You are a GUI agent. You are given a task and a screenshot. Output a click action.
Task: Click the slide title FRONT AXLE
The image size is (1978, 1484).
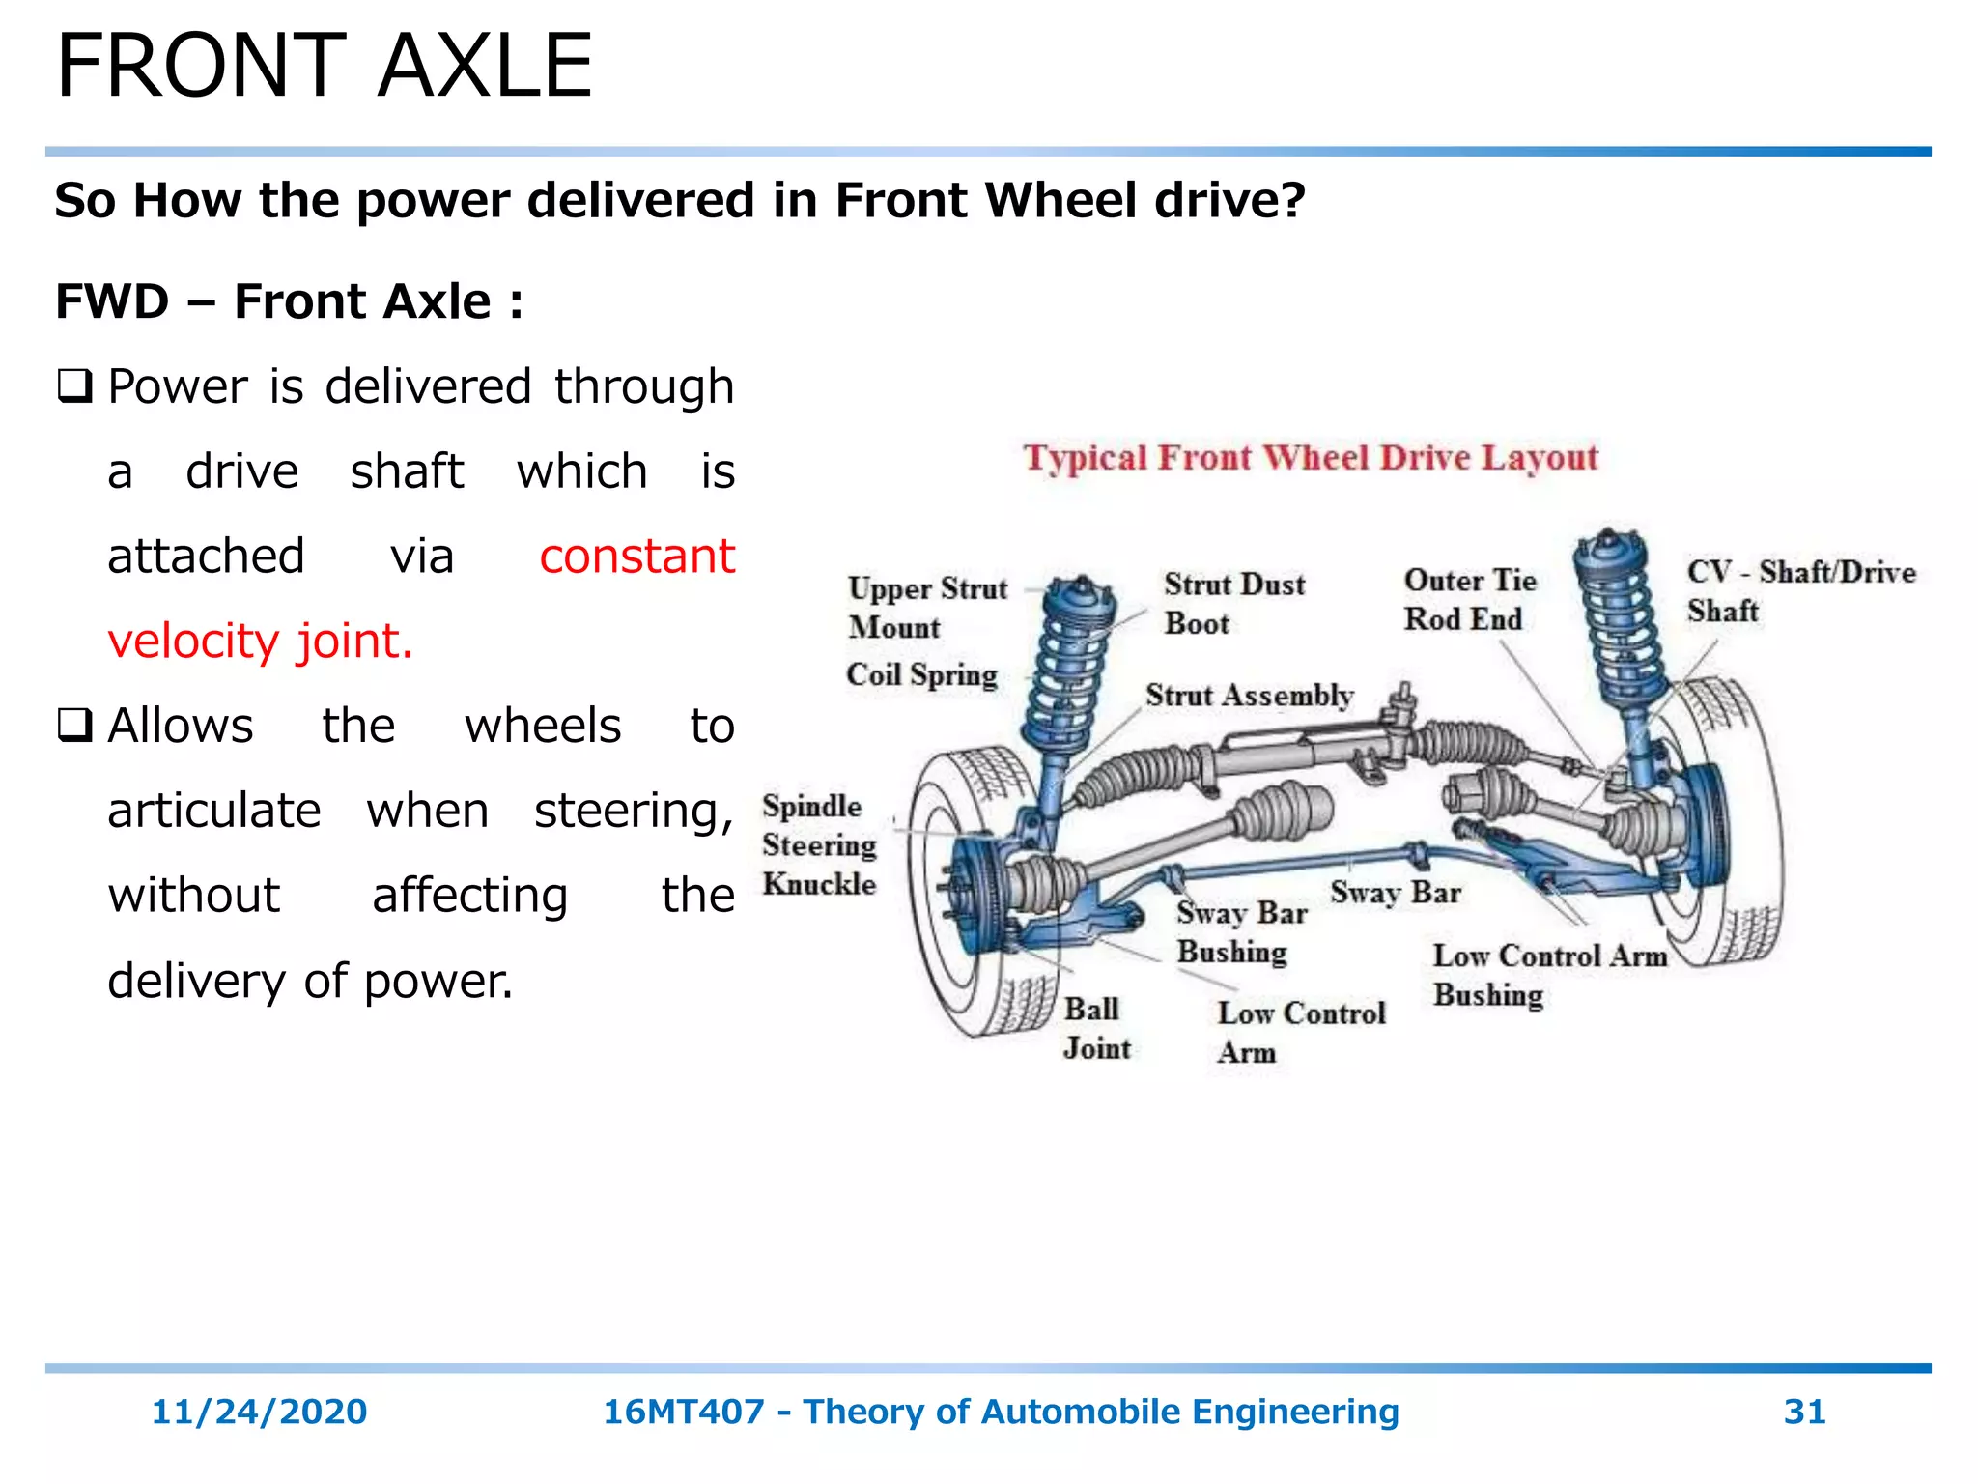coord(324,66)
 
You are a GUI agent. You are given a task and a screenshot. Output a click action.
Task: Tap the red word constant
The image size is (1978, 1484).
coord(636,556)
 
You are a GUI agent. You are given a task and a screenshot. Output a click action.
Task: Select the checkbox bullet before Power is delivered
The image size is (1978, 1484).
coord(74,386)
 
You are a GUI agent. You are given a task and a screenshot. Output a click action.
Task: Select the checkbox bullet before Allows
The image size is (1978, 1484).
coord(74,726)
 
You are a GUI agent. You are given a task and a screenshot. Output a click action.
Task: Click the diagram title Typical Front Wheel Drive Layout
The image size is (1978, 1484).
coord(1311,457)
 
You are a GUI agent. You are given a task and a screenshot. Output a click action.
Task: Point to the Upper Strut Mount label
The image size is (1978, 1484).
coord(925,608)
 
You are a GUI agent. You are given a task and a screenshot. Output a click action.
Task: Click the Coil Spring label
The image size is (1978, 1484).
coord(920,674)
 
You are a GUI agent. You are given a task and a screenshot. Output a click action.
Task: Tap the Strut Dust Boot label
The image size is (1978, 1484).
coord(1233,604)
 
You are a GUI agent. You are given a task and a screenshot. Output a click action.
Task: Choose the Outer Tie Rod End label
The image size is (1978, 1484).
coord(1469,600)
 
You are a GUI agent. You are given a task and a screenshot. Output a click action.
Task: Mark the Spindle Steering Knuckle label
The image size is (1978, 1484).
coord(818,845)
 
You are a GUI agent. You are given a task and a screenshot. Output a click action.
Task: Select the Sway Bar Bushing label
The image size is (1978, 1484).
coord(1240,932)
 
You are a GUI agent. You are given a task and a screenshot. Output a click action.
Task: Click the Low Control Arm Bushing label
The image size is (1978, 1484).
coord(1548,975)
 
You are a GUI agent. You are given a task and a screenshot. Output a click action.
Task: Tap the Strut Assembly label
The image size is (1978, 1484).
coord(1249,696)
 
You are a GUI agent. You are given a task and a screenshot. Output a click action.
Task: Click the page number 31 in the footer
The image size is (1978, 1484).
coord(1803,1412)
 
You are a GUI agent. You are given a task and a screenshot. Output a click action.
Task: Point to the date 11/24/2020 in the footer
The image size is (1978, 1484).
coord(259,1412)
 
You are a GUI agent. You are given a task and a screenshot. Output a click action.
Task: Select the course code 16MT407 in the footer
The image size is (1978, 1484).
coord(683,1412)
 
